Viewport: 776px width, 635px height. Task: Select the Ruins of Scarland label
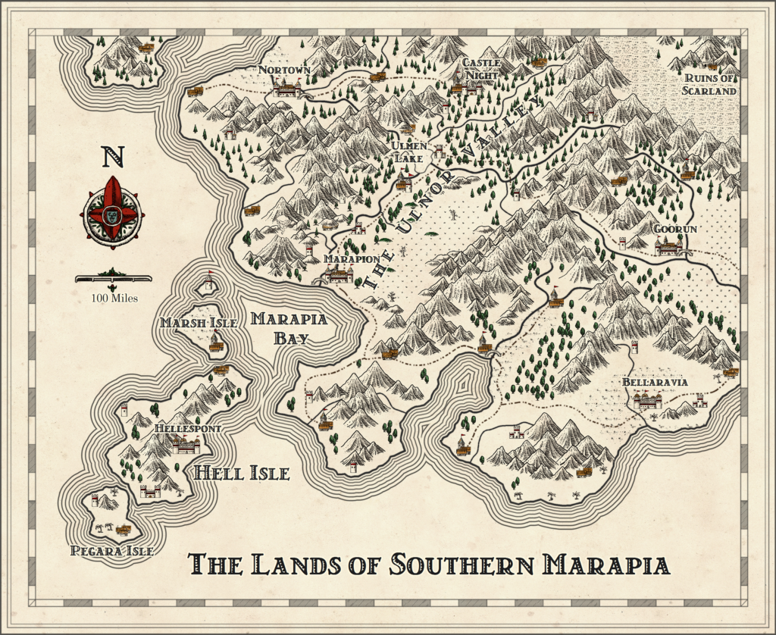(710, 83)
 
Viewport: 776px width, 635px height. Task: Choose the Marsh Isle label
(199, 323)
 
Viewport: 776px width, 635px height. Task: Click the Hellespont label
(187, 429)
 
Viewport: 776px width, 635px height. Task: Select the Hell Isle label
(242, 474)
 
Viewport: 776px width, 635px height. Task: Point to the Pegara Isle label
(111, 551)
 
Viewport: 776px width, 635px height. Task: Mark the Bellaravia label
(655, 382)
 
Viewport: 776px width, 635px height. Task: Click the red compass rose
(112, 214)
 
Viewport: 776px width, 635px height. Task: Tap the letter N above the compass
(113, 157)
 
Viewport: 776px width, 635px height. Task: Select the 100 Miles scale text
(112, 297)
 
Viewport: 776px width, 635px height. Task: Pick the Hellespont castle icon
(186, 446)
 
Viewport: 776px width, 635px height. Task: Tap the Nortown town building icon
(287, 89)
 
